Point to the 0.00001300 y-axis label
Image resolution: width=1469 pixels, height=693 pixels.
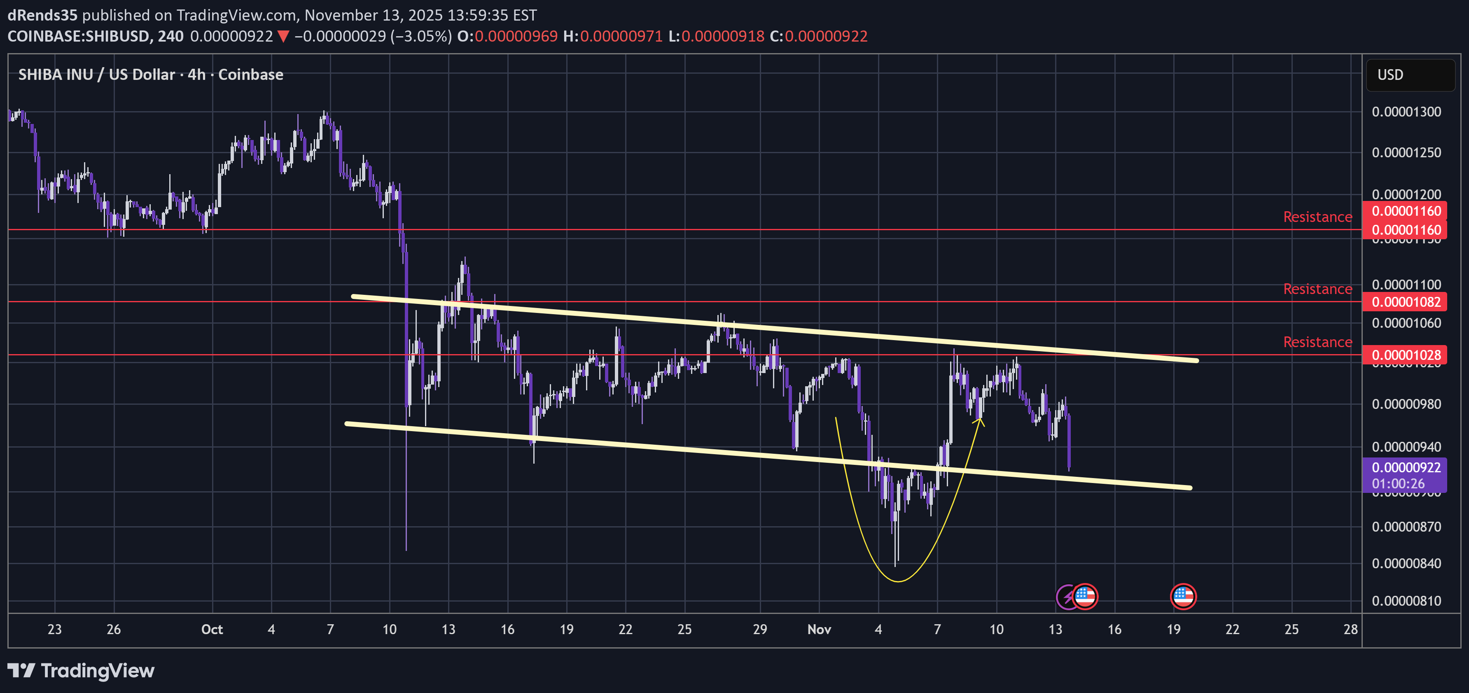pyautogui.click(x=1406, y=112)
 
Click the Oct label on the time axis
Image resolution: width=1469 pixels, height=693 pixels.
pyautogui.click(x=212, y=629)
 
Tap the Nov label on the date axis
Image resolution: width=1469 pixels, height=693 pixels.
pyautogui.click(x=819, y=629)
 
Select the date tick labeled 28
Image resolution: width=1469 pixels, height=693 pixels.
pyautogui.click(x=1350, y=629)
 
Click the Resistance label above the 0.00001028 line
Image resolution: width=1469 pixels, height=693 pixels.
pyautogui.click(x=1317, y=342)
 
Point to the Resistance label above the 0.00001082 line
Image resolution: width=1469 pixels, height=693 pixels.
pyautogui.click(x=1317, y=289)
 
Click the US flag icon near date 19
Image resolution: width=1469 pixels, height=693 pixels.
pyautogui.click(x=1183, y=597)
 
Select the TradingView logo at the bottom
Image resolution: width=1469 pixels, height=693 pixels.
pyautogui.click(x=81, y=671)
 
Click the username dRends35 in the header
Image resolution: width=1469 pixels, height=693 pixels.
pyautogui.click(x=42, y=15)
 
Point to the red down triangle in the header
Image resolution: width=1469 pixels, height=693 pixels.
pyautogui.click(x=283, y=37)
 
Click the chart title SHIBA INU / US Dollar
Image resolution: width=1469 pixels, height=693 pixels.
pyautogui.click(x=97, y=75)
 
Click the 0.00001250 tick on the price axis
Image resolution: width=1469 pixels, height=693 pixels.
pyautogui.click(x=1406, y=152)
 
